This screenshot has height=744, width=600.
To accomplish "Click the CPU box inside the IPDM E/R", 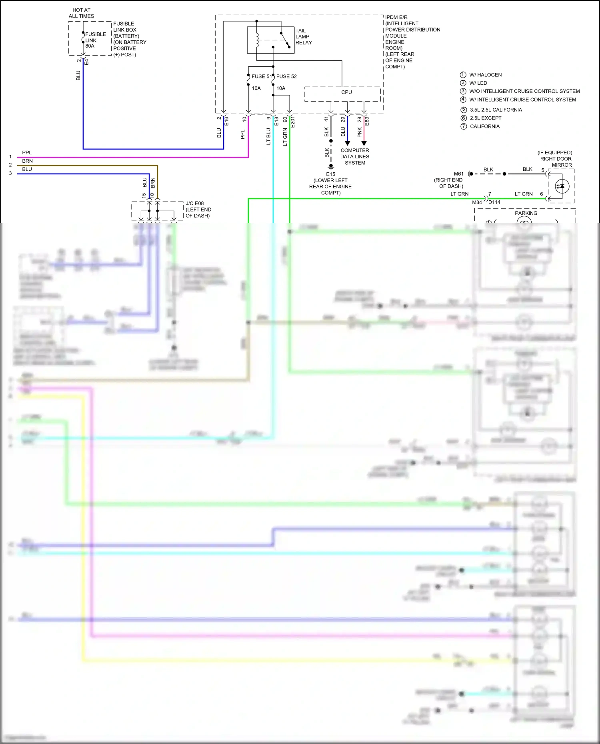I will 346,92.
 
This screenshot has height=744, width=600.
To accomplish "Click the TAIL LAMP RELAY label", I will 303,36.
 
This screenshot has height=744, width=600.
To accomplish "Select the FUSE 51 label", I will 261,76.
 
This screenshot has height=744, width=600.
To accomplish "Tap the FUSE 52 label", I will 286,76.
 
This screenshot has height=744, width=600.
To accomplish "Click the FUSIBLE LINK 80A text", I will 95,40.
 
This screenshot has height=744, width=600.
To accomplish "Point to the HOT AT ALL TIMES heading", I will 81,13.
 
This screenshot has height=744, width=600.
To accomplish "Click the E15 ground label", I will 330,174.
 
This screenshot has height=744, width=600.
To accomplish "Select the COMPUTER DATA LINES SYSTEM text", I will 355,156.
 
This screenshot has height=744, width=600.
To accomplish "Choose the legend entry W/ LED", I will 478,83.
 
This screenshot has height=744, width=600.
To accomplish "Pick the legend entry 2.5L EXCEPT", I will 485,118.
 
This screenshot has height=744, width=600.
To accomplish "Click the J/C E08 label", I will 195,203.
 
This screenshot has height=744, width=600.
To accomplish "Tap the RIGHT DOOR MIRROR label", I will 556,162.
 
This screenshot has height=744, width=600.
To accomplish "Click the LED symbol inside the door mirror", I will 562,186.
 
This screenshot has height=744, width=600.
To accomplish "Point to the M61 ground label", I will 458,174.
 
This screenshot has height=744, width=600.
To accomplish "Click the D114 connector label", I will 494,202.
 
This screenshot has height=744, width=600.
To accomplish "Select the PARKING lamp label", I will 526,213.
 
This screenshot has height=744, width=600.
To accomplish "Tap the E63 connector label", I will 367,121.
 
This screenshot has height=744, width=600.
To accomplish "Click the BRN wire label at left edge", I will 27,161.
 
